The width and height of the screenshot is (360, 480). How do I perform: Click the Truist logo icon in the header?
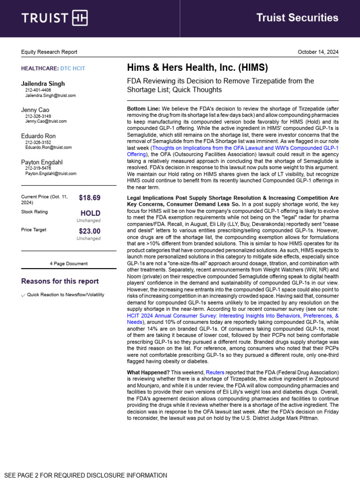point(79,18)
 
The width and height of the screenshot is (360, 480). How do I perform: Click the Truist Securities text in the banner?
point(297,18)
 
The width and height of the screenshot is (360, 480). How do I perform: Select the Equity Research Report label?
point(49,52)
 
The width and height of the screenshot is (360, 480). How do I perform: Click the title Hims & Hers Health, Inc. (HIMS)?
point(197,68)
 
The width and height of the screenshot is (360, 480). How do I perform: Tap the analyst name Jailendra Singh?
point(43,84)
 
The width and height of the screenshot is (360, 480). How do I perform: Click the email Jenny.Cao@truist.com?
point(46,121)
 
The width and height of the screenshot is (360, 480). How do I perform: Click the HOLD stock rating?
point(90,213)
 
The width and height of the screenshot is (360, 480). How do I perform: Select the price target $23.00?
point(90,231)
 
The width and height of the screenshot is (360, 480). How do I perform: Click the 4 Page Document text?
point(68,263)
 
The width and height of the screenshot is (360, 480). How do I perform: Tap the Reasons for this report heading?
point(60,281)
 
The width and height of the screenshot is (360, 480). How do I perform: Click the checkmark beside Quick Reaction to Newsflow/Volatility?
point(23,295)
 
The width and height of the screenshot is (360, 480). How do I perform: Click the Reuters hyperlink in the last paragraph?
point(215,372)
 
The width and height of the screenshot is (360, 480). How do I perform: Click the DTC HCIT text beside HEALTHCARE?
point(73,68)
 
